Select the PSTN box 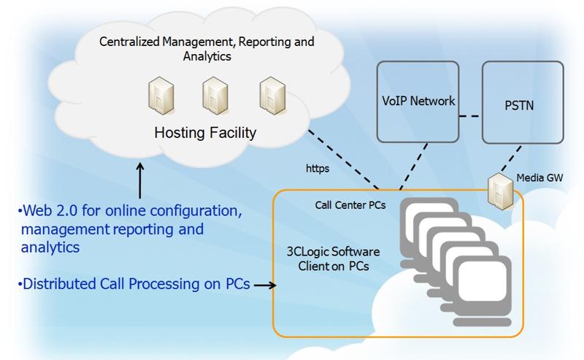[522, 101]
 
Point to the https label [317, 168]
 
